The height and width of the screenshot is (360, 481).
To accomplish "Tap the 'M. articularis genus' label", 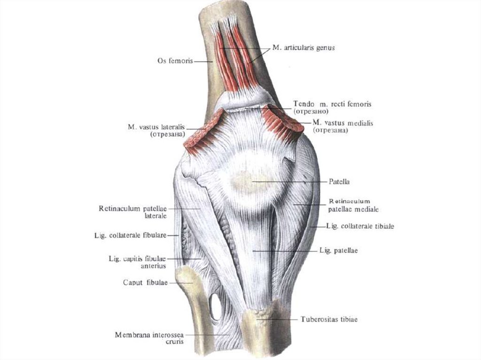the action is tap(303, 48).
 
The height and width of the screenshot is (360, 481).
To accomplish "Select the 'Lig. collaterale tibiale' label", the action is tap(359, 226).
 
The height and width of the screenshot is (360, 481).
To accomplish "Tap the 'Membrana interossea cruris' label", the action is tap(149, 338).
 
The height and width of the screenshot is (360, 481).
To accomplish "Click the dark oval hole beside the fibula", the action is tap(216, 306).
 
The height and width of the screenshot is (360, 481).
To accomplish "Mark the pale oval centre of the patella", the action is tap(245, 180).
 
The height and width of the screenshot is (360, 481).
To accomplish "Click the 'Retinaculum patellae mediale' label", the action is tap(354, 205).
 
